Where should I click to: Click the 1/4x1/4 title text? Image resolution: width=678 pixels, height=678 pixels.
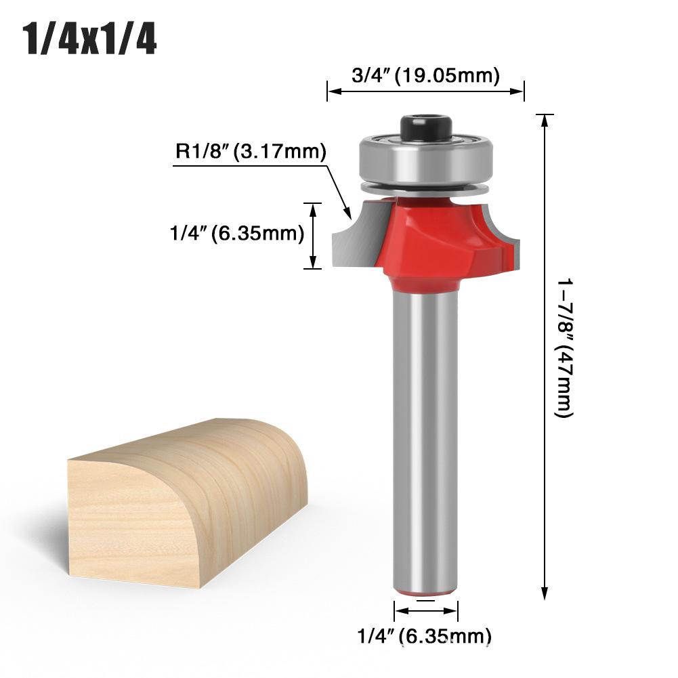click(90, 40)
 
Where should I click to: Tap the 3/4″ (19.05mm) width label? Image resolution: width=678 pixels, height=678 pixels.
click(425, 75)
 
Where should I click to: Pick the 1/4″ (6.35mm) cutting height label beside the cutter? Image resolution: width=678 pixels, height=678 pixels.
click(235, 234)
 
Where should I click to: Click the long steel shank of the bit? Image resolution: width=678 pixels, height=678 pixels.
click(425, 433)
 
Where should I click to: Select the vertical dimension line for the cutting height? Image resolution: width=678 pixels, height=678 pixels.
click(312, 235)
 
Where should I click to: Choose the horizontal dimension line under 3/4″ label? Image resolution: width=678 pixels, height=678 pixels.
click(425, 90)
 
